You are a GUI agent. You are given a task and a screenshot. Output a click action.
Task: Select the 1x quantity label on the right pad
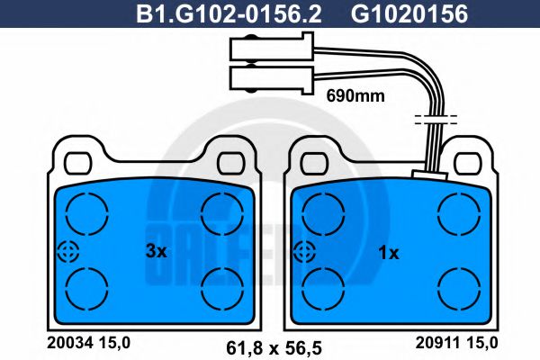[x=388, y=253]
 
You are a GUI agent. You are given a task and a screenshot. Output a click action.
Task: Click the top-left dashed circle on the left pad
[x=85, y=214]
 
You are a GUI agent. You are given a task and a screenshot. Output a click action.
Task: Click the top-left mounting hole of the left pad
[x=78, y=161]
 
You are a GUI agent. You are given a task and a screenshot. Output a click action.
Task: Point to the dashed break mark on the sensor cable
[x=435, y=118]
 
